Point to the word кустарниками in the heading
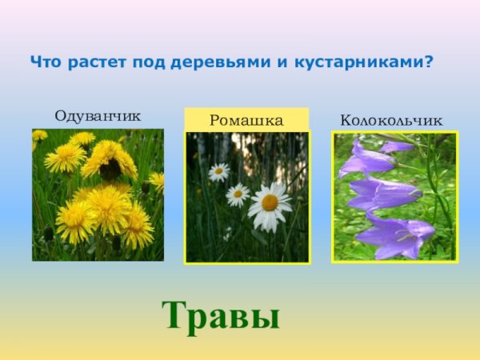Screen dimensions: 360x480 click(356, 61)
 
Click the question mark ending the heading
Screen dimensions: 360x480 click(430, 61)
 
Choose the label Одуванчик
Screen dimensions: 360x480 click(98, 116)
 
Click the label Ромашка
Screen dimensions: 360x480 click(246, 121)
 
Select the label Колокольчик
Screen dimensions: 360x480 click(391, 120)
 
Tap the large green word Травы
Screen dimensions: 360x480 click(222, 315)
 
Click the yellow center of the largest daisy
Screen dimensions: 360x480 click(270, 203)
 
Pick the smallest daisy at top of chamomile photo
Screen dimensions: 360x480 click(218, 171)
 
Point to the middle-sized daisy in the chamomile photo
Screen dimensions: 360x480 click(238, 194)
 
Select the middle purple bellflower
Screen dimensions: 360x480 click(382, 193)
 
